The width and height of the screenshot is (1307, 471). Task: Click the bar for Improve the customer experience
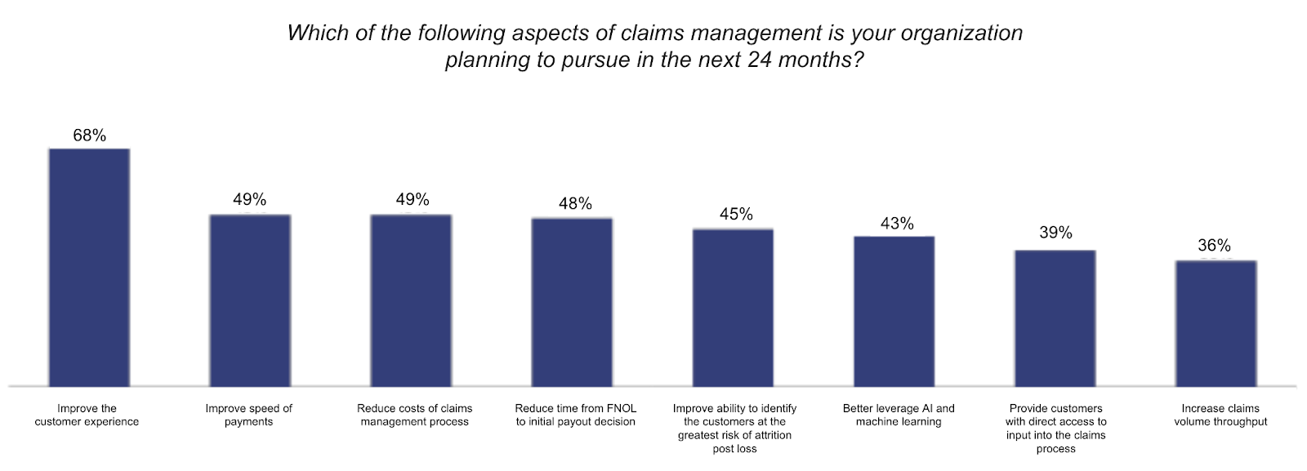point(89,267)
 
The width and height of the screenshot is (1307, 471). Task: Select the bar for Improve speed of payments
point(250,300)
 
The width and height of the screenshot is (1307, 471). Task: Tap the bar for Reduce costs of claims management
point(411,300)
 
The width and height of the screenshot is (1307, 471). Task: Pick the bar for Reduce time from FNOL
point(572,301)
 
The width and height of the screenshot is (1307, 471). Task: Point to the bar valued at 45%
point(733,307)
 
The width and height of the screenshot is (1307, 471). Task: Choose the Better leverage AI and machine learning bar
point(894,311)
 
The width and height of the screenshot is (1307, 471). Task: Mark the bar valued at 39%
point(1055,318)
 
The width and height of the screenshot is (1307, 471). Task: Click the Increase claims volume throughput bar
point(1216,323)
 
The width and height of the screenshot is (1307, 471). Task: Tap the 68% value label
point(89,136)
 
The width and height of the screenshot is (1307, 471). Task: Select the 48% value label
point(575,204)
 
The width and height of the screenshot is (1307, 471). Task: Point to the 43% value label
point(897,224)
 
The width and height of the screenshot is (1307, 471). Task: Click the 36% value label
point(1214,246)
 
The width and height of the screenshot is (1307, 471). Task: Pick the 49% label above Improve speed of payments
point(249,200)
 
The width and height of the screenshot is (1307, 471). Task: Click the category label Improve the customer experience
point(87,415)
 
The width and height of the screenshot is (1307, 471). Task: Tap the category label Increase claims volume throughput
point(1220,415)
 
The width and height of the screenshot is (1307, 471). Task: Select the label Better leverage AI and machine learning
point(899,415)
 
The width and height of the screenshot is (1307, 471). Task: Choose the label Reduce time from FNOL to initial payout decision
point(575,415)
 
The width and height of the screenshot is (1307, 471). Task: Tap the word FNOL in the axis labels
point(622,408)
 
